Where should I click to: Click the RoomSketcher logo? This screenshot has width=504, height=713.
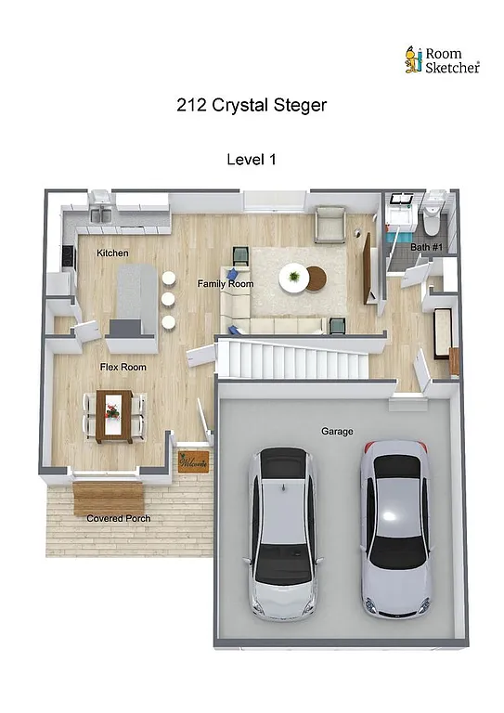click(x=441, y=60)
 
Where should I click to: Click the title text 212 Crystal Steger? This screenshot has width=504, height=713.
click(x=251, y=105)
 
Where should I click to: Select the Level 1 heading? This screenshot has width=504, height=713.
click(x=252, y=160)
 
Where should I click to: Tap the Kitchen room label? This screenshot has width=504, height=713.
click(x=112, y=253)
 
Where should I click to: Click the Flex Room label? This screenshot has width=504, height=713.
click(x=123, y=368)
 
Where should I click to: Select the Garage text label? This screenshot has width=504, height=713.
click(x=336, y=432)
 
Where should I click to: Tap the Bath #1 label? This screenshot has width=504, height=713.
click(x=425, y=248)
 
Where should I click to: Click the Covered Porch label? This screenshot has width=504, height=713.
click(x=119, y=518)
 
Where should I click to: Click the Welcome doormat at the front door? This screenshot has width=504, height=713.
click(x=193, y=461)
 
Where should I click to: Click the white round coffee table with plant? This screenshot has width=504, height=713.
click(x=295, y=278)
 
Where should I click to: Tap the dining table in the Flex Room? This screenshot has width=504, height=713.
click(x=115, y=414)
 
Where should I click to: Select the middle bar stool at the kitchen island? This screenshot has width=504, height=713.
click(x=168, y=300)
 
